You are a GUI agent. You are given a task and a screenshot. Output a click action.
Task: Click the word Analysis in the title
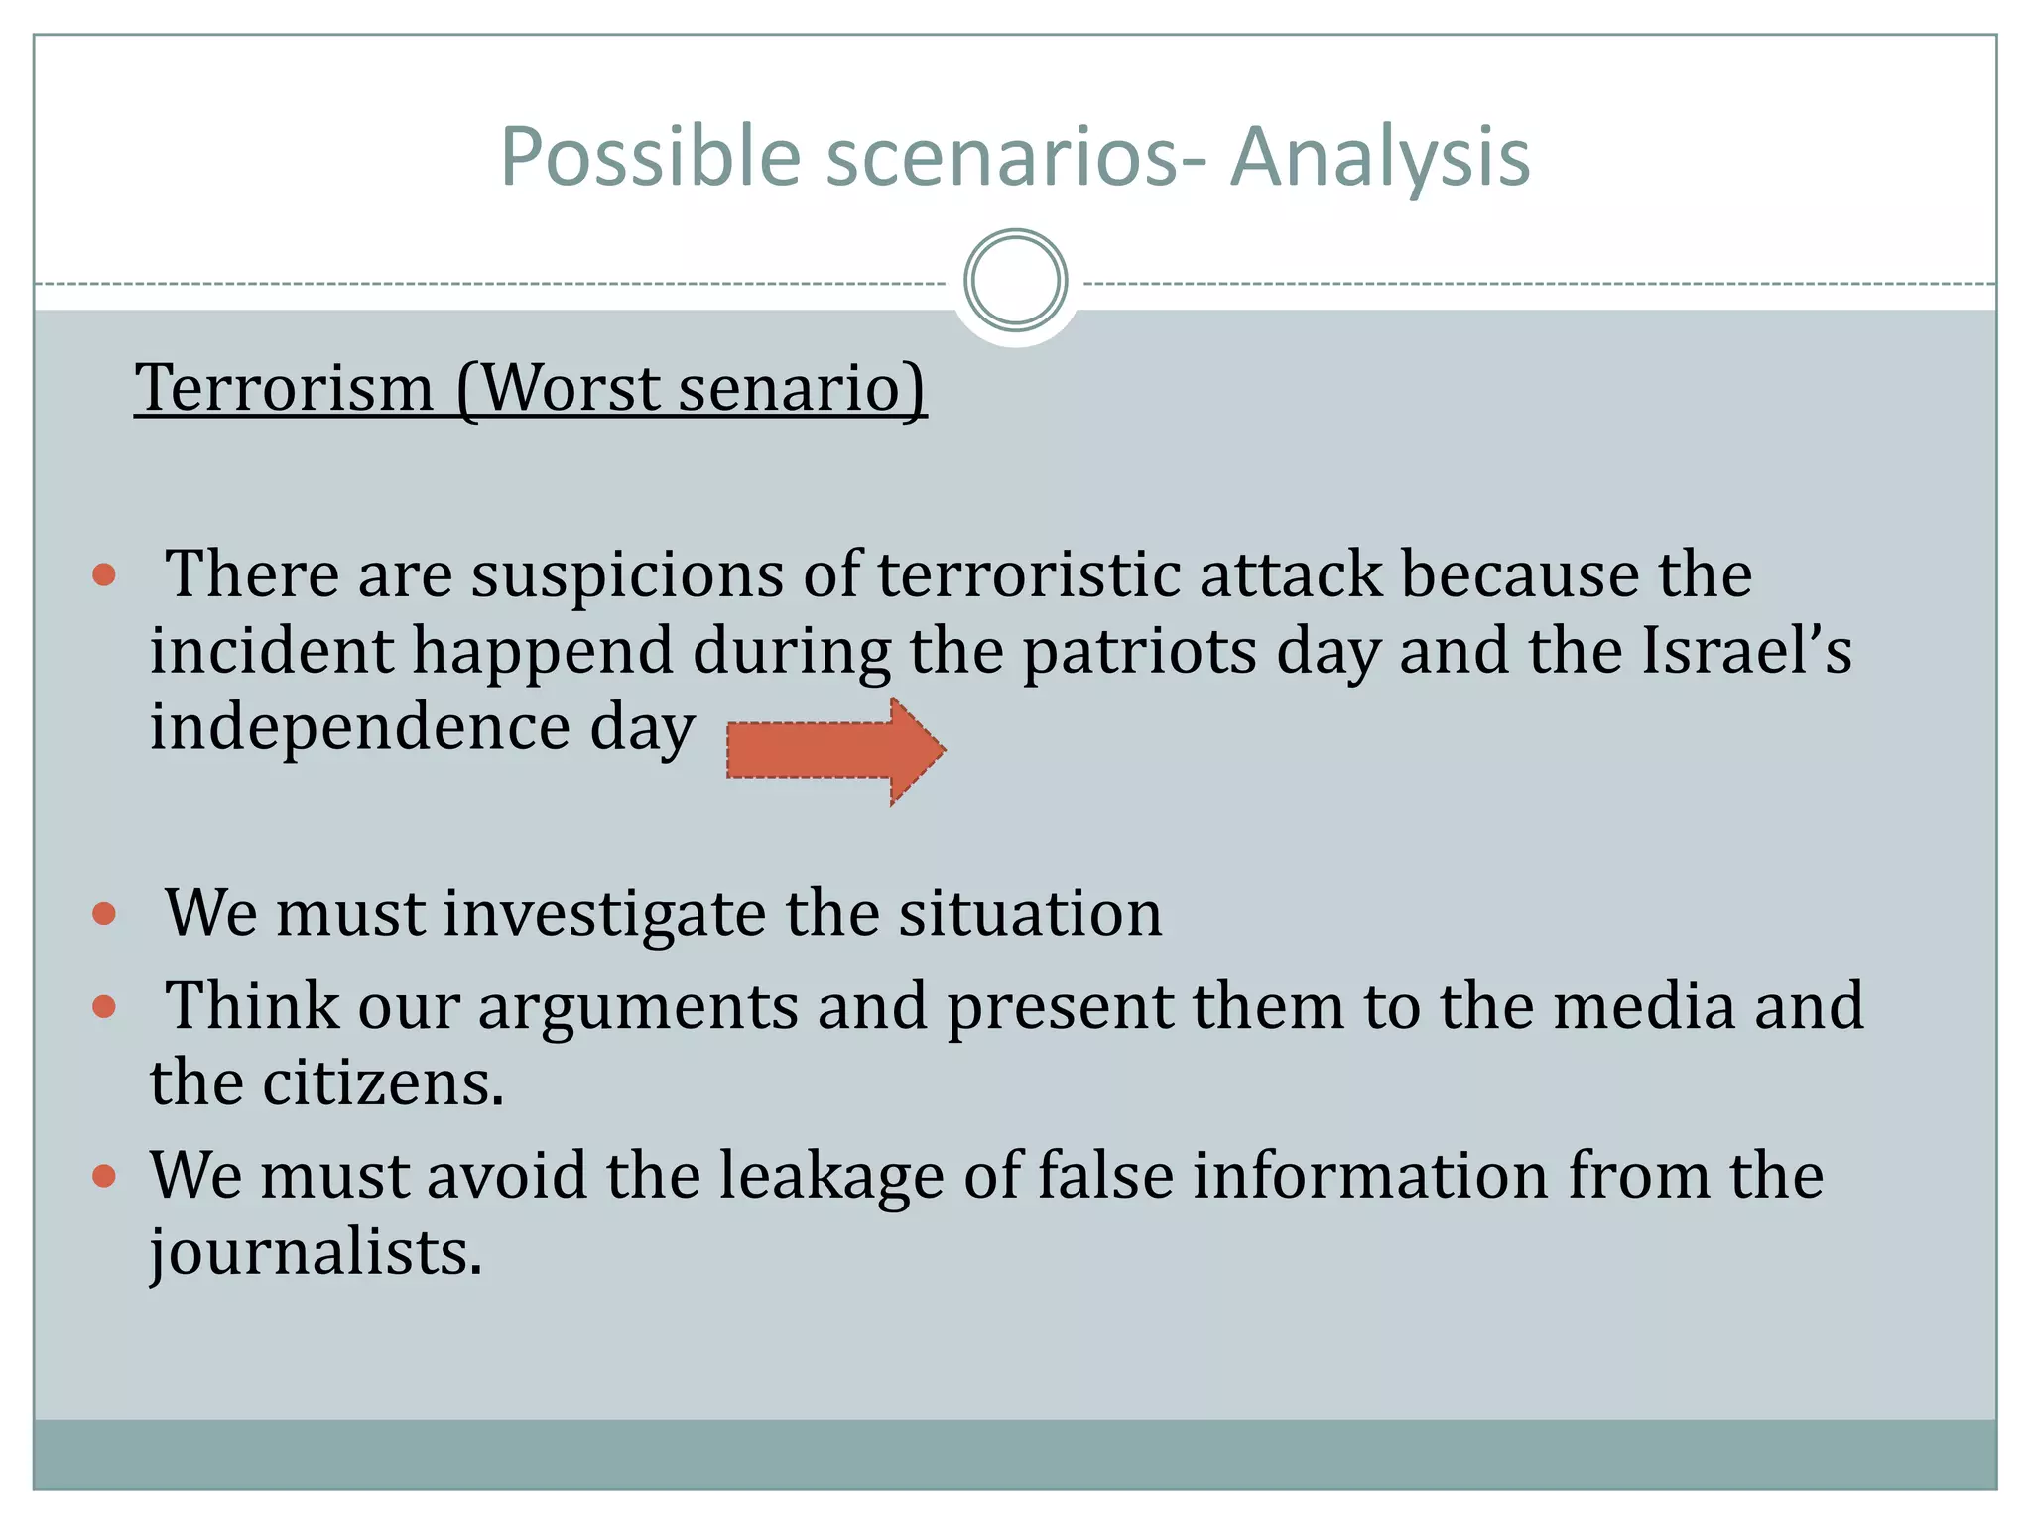[1380, 157]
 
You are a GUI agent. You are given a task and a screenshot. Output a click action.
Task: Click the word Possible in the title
[650, 157]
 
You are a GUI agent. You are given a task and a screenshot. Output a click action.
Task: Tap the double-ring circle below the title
[1015, 281]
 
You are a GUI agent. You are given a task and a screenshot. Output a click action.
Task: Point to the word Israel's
[1746, 651]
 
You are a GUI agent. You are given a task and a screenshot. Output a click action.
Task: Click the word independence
[360, 727]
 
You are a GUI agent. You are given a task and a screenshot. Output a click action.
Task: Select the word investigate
[604, 914]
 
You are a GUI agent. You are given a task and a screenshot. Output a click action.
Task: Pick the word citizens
[383, 1082]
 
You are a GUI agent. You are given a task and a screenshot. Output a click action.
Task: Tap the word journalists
[316, 1252]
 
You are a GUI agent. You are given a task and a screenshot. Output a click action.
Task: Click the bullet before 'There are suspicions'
[104, 574]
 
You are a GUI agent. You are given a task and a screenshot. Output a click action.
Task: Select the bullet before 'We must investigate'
[104, 913]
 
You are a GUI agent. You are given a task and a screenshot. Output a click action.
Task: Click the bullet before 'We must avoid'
[104, 1176]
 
